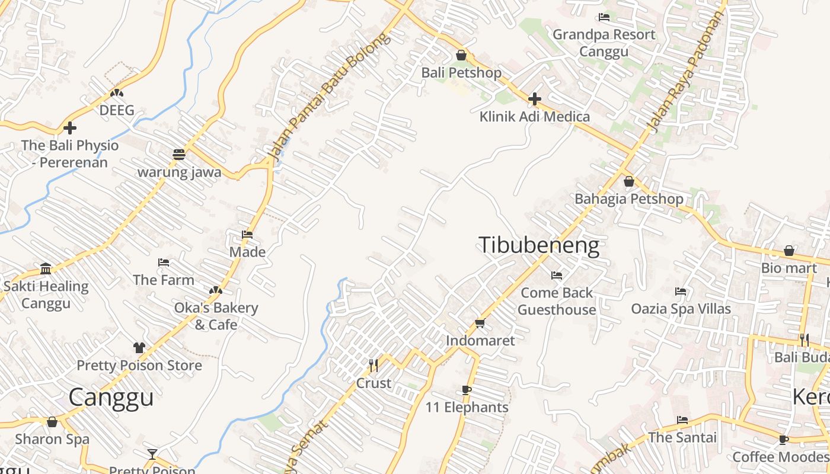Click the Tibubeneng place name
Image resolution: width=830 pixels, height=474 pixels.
coord(538,245)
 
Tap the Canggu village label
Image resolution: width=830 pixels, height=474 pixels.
coord(111,397)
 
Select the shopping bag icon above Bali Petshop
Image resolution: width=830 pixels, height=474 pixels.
coord(461,56)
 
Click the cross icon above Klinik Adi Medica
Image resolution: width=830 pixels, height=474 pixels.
coord(534,99)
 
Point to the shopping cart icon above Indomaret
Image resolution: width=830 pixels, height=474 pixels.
coord(480,324)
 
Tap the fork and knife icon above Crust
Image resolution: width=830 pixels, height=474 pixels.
coord(373,365)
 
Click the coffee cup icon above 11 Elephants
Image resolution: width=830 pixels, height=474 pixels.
coord(466,390)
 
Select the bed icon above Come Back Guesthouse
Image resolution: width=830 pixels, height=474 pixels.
coord(556,276)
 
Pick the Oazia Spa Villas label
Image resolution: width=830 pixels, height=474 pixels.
coord(681,309)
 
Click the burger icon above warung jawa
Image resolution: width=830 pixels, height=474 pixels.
coord(179,155)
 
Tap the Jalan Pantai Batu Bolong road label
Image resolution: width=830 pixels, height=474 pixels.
coord(329,98)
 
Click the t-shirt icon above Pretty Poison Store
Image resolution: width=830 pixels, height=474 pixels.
coord(139,348)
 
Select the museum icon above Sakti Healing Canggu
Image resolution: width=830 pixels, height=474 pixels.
coord(46,269)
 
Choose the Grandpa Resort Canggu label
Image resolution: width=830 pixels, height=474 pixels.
coord(604,43)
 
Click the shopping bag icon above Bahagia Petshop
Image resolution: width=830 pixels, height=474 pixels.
coord(628,181)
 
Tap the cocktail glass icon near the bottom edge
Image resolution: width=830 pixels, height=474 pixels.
coord(152,454)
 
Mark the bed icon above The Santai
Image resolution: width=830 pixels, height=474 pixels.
coord(682,420)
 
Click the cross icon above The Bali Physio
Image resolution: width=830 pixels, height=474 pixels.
coord(70,127)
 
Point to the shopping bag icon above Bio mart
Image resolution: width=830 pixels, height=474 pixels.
coord(788,251)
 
